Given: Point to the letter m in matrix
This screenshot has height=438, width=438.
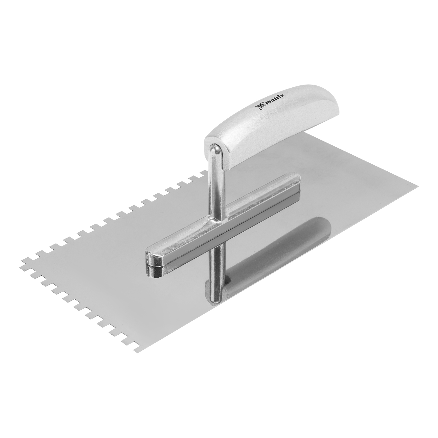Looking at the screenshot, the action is tap(267, 103).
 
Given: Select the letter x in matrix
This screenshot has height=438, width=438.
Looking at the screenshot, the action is tap(283, 94).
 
